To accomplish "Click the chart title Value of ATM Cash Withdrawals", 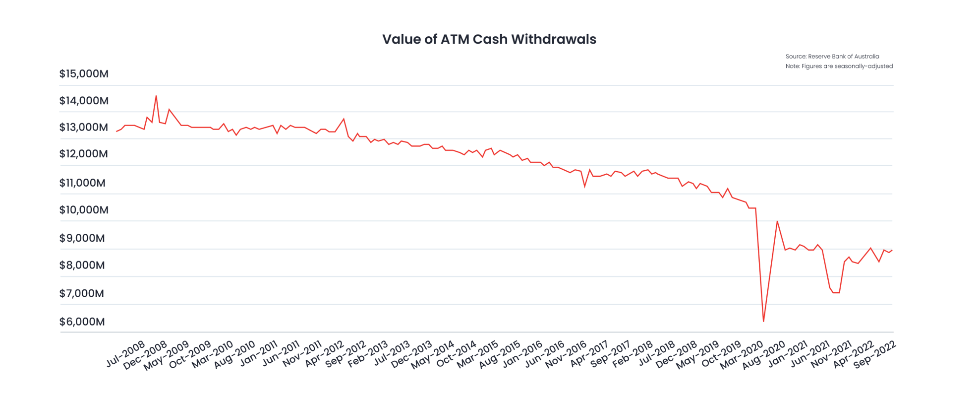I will coord(489,39).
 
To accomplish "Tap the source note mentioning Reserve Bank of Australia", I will coord(832,57).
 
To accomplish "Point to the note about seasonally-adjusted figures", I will coord(839,66).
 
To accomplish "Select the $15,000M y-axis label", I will coord(84,74).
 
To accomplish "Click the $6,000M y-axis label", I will coord(82,322).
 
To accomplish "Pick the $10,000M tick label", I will coord(84,210).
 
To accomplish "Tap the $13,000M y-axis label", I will coord(84,127).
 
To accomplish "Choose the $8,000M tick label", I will coord(82,265).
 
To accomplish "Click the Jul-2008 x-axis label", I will coord(126,354).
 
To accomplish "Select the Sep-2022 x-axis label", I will coord(875,354).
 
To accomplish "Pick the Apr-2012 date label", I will coord(324,354).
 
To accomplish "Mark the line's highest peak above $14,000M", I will coord(156,96).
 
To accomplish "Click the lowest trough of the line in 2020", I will coord(763,321).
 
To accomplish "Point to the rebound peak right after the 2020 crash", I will coord(777,221).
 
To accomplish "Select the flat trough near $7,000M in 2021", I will coord(836,293).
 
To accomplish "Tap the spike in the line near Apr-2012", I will coord(344,119).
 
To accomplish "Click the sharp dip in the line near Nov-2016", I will coord(585,186).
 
